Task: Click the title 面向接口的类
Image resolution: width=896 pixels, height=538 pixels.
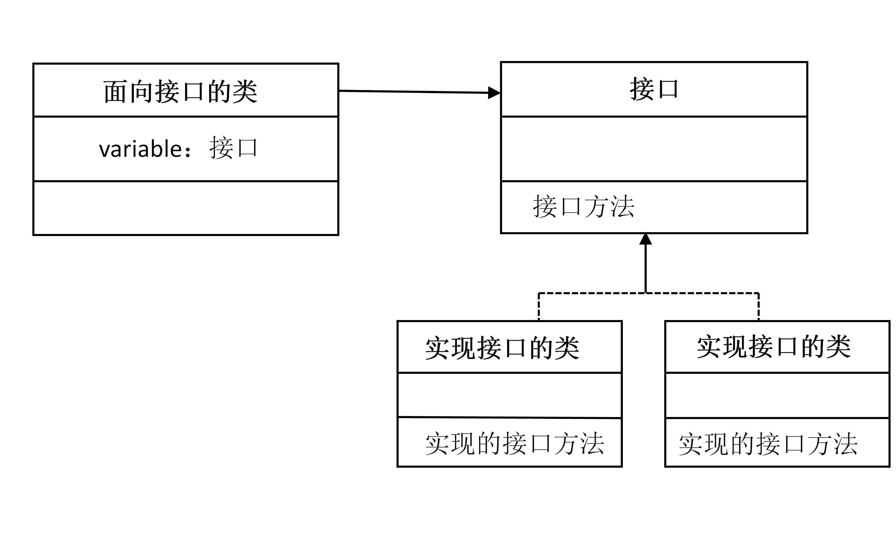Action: point(180,91)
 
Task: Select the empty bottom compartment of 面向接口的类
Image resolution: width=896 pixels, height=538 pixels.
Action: point(186,208)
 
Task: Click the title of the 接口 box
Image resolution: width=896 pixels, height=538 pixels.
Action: point(654,89)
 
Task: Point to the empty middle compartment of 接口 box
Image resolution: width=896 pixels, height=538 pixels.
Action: point(654,149)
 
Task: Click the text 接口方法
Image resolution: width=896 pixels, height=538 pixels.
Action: point(584,207)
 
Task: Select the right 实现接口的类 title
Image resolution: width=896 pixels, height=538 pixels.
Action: point(773,347)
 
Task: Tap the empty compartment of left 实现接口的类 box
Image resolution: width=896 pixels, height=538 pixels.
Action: point(510,395)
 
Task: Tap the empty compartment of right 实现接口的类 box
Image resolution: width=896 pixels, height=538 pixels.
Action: point(777,395)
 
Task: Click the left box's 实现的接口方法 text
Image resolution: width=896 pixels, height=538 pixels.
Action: point(514,443)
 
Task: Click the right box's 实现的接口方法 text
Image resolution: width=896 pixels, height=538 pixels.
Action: point(768,443)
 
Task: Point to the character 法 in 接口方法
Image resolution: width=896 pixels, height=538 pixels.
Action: point(622,207)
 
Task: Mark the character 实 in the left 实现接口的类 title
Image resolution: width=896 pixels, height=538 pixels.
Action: point(438,348)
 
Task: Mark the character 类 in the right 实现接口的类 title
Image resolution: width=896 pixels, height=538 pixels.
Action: point(839,347)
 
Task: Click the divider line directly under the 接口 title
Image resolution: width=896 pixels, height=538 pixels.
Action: point(654,116)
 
